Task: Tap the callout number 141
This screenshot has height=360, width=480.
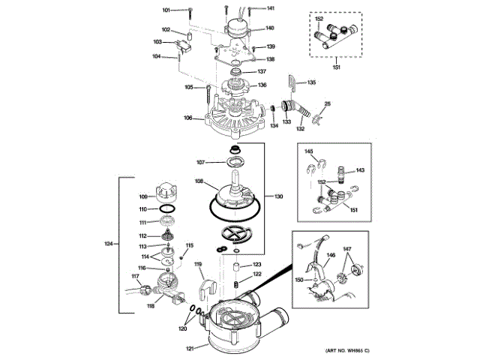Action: pyautogui.click(x=270, y=8)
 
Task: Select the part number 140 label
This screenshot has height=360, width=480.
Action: pyautogui.click(x=270, y=28)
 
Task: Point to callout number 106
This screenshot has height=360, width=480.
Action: pyautogui.click(x=188, y=117)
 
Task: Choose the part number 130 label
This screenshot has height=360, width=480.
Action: pyautogui.click(x=278, y=196)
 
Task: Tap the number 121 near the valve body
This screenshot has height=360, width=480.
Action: pyautogui.click(x=190, y=348)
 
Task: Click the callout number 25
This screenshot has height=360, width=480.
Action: pyautogui.click(x=327, y=103)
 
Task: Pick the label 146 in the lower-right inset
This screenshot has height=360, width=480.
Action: pyautogui.click(x=330, y=255)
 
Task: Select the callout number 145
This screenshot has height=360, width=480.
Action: pyautogui.click(x=308, y=151)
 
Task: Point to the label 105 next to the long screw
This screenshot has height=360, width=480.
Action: pyautogui.click(x=189, y=87)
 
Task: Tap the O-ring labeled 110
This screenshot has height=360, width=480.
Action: pyautogui.click(x=167, y=209)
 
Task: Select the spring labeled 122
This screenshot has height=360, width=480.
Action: pyautogui.click(x=235, y=285)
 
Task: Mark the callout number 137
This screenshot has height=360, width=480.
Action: pyautogui.click(x=262, y=71)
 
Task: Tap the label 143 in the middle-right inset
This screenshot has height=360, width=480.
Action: pyautogui.click(x=360, y=169)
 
